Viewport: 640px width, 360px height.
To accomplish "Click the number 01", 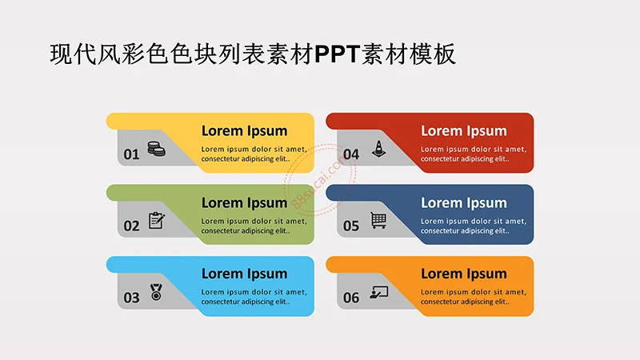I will point(131,154).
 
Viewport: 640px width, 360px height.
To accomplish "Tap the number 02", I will point(131,226).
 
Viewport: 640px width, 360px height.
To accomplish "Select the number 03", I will point(131,298).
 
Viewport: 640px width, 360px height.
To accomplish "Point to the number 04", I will point(351,154).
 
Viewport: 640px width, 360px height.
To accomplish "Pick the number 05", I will point(351,226).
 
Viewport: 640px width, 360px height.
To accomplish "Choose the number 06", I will point(351,298).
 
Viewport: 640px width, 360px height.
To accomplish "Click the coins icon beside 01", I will point(156,149).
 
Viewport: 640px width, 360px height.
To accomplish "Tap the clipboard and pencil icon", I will point(157,220).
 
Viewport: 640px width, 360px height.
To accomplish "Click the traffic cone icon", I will point(378,148).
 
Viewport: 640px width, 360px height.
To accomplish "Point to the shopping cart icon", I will point(378,220).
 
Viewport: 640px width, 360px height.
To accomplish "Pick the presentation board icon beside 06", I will point(378,293).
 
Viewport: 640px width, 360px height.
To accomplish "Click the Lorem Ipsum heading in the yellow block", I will point(244,131).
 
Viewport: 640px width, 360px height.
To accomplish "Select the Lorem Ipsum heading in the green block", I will point(244,203).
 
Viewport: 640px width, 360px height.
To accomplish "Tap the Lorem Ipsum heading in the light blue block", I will point(244,274).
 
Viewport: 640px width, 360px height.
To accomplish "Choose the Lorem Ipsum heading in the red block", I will point(464,131).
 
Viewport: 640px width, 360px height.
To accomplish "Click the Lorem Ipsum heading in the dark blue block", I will point(464,203).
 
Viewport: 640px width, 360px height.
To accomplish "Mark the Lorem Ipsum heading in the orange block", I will point(464,274).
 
